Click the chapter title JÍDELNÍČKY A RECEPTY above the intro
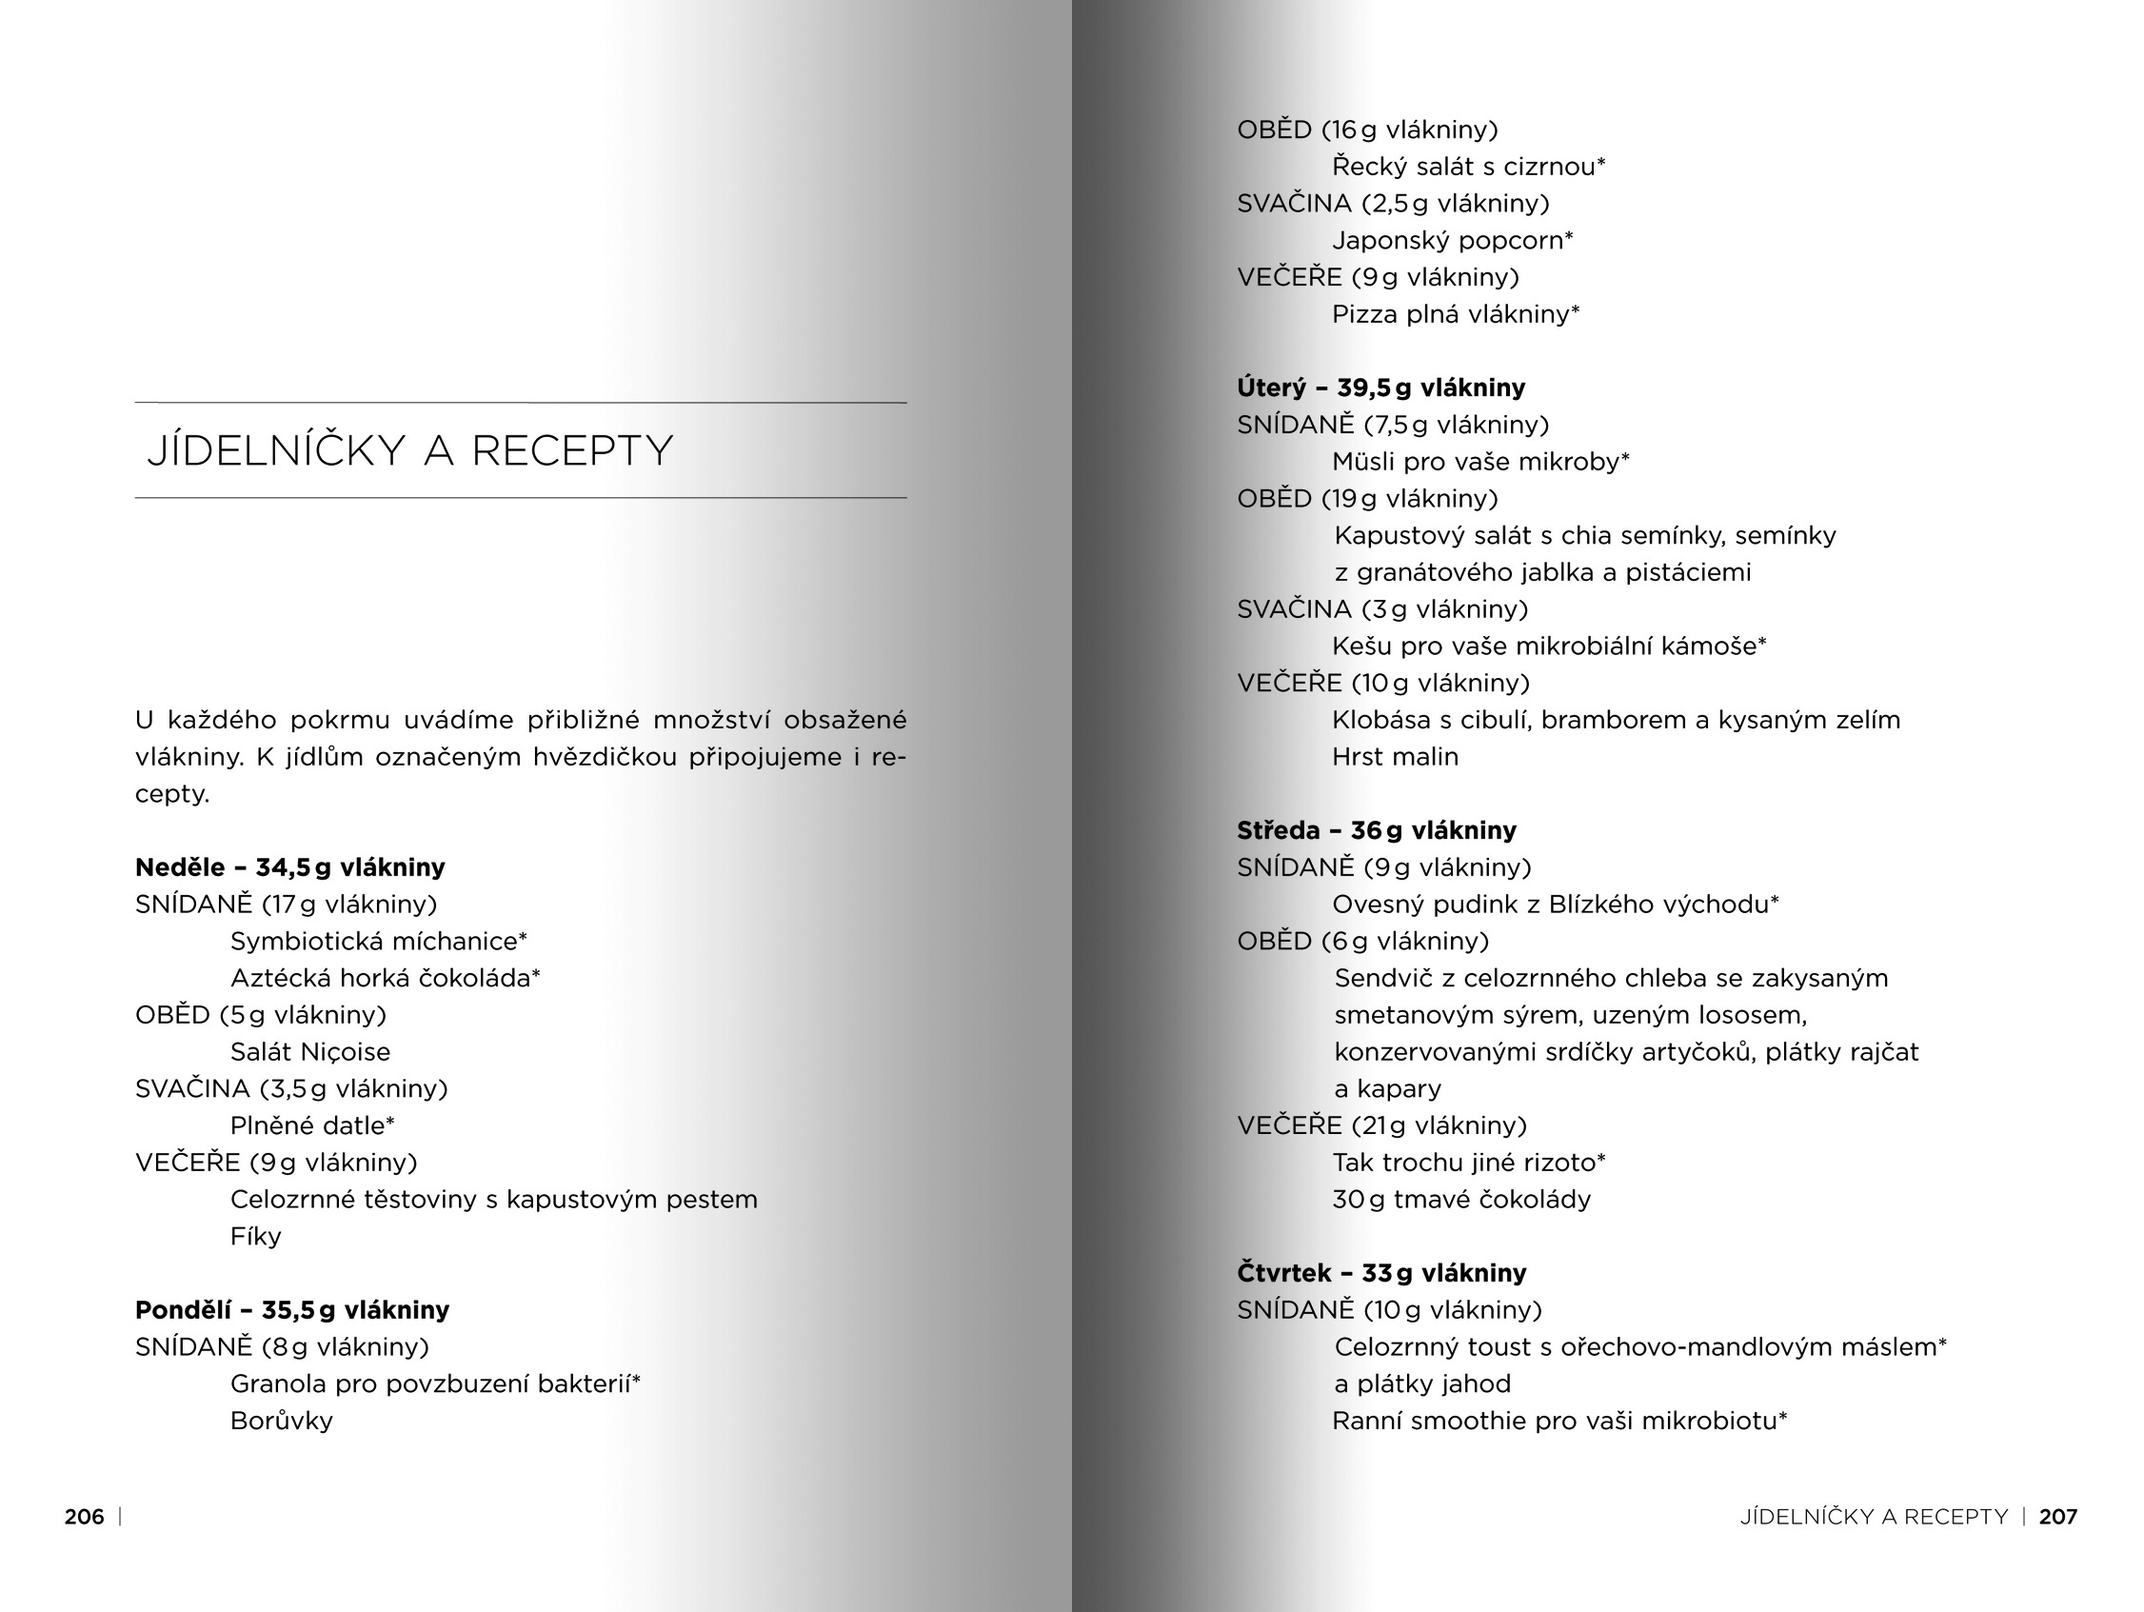pyautogui.click(x=409, y=450)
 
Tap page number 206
pyautogui.click(x=85, y=1517)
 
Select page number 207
pyautogui.click(x=2057, y=1517)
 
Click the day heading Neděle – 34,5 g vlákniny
pyautogui.click(x=289, y=867)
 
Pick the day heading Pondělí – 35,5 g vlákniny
pyautogui.click(x=291, y=1310)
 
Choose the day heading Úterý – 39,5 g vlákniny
pyautogui.click(x=1380, y=388)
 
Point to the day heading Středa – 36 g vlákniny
pyautogui.click(x=1377, y=830)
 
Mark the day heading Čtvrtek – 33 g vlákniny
pyautogui.click(x=1381, y=1273)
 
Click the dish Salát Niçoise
pyautogui.click(x=310, y=1052)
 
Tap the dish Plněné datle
pyautogui.click(x=312, y=1125)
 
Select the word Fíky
pyautogui.click(x=256, y=1237)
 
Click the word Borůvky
pyautogui.click(x=281, y=1421)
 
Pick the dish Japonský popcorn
pyautogui.click(x=1452, y=240)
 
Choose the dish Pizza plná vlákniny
pyautogui.click(x=1455, y=314)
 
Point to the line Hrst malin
pyautogui.click(x=1395, y=757)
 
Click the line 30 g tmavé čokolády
pyautogui.click(x=1460, y=1200)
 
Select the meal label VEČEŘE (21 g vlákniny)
pyautogui.click(x=1381, y=1125)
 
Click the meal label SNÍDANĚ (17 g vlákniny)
pyautogui.click(x=286, y=905)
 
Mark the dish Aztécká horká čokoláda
pyautogui.click(x=385, y=978)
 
